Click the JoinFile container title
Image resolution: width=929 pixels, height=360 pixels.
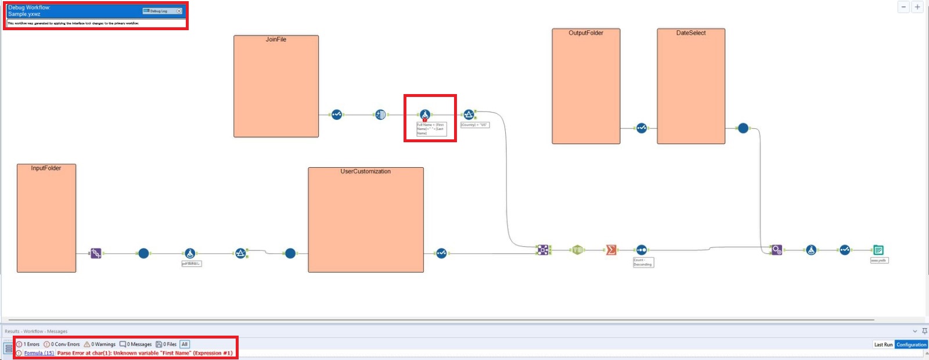point(276,39)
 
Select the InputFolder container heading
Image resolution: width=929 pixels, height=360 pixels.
point(46,168)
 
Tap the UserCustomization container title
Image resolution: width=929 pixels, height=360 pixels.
point(365,172)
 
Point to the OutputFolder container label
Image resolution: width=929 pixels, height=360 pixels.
point(585,33)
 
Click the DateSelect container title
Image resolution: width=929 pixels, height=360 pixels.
point(691,33)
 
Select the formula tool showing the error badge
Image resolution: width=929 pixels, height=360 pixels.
point(425,115)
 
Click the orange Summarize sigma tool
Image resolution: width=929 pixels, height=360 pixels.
point(611,250)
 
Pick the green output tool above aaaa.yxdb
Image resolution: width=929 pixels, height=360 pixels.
point(878,250)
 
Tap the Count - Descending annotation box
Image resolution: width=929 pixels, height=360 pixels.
point(643,262)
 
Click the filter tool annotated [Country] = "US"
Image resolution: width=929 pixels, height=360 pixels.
point(469,114)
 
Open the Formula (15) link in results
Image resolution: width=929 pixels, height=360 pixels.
point(39,353)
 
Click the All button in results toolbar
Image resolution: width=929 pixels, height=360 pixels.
point(185,344)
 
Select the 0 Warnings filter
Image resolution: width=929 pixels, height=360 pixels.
point(100,344)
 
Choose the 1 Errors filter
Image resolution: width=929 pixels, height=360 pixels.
point(28,344)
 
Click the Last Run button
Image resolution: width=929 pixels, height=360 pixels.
point(883,345)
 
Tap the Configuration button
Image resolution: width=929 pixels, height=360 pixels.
point(911,345)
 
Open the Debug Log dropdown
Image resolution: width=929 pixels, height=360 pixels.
point(179,11)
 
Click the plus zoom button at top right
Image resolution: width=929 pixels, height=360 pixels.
point(917,7)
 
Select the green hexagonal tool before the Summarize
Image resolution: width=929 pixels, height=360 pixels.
point(577,250)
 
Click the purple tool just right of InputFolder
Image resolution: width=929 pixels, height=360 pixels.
point(96,253)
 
